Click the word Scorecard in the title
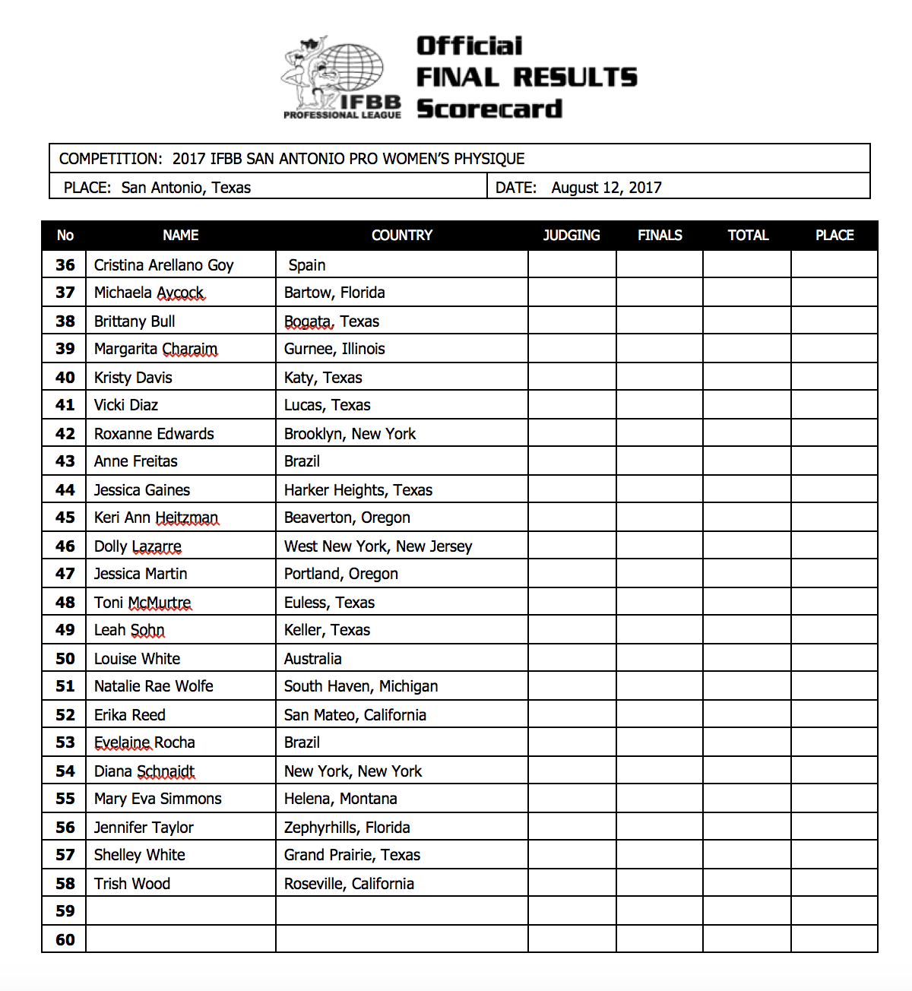coord(489,109)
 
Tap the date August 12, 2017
coord(606,188)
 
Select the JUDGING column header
coord(572,236)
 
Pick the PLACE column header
coord(834,236)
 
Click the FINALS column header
coord(660,236)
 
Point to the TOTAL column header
coord(748,236)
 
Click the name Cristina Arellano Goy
coord(163,265)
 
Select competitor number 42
coord(65,434)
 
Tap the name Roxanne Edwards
coord(154,434)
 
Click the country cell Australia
coord(312,659)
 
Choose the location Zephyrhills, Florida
coord(347,828)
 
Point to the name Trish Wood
coord(132,884)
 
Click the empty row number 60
coord(65,940)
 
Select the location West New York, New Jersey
coord(378,546)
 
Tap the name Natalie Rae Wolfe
coord(154,686)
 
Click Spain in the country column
coord(307,265)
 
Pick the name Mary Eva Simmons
coord(158,799)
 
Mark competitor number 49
coord(65,630)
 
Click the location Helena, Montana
coord(340,799)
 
